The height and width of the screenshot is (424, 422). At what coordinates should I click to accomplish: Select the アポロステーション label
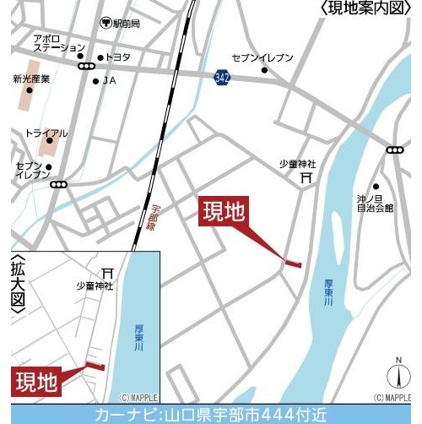click(x=58, y=43)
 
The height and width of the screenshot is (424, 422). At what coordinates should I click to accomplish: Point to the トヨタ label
click(x=118, y=57)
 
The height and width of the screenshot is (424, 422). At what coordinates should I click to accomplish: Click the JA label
click(x=109, y=80)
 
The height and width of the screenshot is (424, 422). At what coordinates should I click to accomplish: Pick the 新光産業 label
click(x=31, y=79)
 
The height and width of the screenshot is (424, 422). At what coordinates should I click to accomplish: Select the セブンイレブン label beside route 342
click(x=262, y=57)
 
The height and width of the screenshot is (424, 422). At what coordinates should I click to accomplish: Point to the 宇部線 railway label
click(x=156, y=215)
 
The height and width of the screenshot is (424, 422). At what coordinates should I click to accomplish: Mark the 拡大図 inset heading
click(x=19, y=288)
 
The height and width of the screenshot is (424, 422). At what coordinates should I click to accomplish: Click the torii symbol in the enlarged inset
click(x=107, y=273)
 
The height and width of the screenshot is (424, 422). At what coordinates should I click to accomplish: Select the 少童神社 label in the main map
click(x=297, y=163)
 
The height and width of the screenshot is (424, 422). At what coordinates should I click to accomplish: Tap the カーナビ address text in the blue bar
click(x=211, y=414)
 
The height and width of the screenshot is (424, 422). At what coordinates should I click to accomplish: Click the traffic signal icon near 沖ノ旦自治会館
click(x=394, y=149)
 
